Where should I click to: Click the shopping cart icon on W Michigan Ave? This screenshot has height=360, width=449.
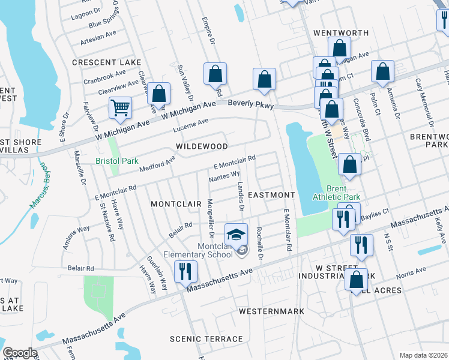120,108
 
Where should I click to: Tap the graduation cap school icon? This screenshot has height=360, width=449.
236,234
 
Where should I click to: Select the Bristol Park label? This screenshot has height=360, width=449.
117,161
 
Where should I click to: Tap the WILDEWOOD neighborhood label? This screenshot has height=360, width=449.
202,146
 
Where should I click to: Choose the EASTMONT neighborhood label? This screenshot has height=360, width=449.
271,195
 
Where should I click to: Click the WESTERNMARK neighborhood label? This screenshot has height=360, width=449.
271,311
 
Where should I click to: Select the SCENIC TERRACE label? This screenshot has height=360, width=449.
206,339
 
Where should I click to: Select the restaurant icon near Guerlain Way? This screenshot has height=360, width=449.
185,271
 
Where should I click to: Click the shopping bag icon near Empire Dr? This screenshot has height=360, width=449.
215,74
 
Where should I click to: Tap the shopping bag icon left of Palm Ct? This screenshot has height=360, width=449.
382,71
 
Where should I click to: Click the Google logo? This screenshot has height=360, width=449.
20,353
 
